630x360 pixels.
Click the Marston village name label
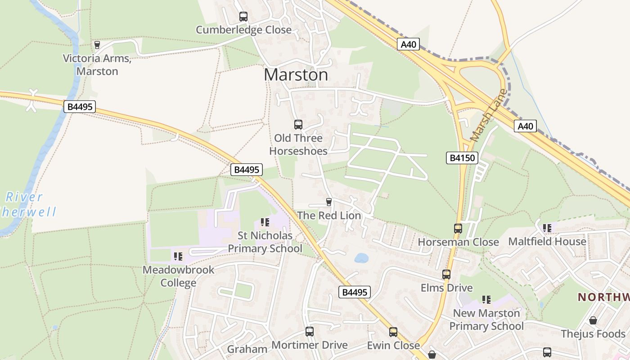pyautogui.click(x=296, y=75)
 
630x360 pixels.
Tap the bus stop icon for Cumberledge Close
pyautogui.click(x=243, y=17)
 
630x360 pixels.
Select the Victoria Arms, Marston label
pyautogui.click(x=97, y=65)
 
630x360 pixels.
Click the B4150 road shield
pyautogui.click(x=462, y=157)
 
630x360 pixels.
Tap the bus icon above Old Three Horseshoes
pyautogui.click(x=298, y=125)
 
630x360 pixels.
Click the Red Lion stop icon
pyautogui.click(x=329, y=202)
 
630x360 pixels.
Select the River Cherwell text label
pyautogui.click(x=28, y=204)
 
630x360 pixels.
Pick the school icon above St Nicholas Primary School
pyautogui.click(x=265, y=222)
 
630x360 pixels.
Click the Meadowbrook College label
pyautogui.click(x=179, y=276)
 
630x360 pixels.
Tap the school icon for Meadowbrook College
pyautogui.click(x=178, y=256)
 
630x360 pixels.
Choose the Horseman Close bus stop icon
pyautogui.click(x=458, y=229)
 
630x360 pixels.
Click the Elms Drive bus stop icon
pyautogui.click(x=446, y=274)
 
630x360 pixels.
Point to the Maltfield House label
pyautogui.click(x=547, y=242)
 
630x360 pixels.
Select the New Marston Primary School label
pyautogui.click(x=486, y=319)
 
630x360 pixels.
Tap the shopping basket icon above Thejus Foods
pyautogui.click(x=593, y=320)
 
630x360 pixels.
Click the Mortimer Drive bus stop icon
pyautogui.click(x=310, y=332)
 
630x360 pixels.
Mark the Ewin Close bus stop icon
pyautogui.click(x=393, y=332)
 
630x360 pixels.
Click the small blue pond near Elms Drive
pyautogui.click(x=361, y=258)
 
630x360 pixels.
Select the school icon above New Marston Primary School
pyautogui.click(x=486, y=300)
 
